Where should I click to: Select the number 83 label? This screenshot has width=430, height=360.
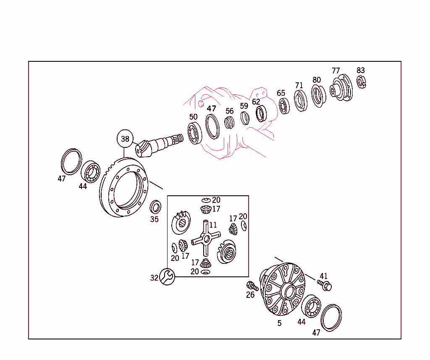click(x=361, y=70)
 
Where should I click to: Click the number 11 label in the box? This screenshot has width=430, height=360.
click(x=213, y=225)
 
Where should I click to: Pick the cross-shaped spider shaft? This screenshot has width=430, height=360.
click(x=205, y=239)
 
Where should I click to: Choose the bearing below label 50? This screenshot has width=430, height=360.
click(x=195, y=133)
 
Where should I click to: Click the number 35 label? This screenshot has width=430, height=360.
click(x=155, y=219)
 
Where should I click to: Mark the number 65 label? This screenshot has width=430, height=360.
click(x=281, y=93)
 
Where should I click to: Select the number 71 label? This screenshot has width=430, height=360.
click(x=299, y=86)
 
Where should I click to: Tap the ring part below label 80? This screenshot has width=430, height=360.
click(x=318, y=96)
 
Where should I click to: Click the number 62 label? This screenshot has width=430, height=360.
click(x=256, y=102)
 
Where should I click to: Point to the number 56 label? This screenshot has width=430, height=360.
click(x=229, y=111)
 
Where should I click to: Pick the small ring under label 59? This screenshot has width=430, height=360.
click(x=245, y=118)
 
